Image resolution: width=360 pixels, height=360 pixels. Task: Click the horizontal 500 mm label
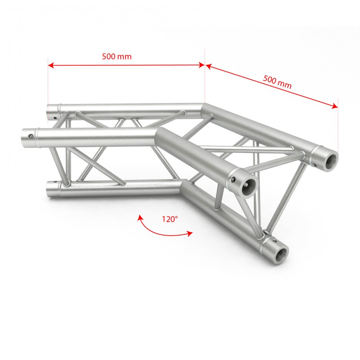117,57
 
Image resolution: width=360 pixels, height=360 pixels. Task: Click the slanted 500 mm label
277,82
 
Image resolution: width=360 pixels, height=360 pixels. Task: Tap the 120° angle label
170,219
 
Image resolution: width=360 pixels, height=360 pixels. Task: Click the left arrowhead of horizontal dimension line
51,65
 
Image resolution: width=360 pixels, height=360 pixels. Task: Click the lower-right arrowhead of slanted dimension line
335,106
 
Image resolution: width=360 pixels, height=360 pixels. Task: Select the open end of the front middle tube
248,185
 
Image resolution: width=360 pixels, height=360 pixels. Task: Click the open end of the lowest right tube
281,253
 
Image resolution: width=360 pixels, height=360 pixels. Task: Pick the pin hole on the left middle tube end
31,137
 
